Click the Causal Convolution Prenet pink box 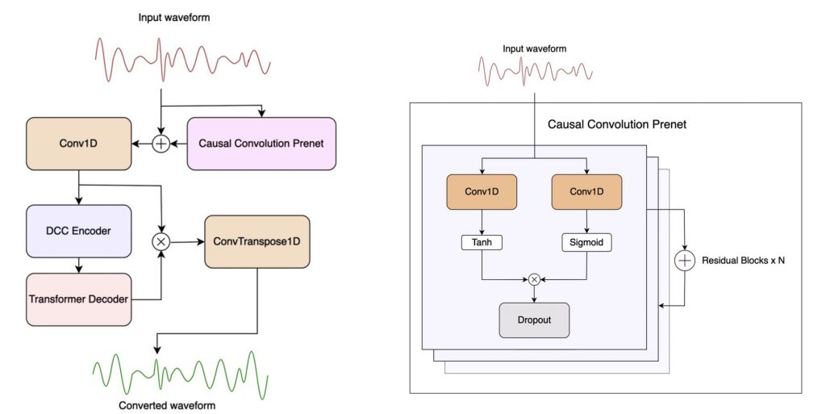pyautogui.click(x=261, y=144)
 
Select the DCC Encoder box pyautogui.click(x=78, y=232)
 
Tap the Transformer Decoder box pyautogui.click(x=78, y=299)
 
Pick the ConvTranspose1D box pyautogui.click(x=257, y=241)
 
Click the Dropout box pyautogui.click(x=534, y=320)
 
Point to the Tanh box pyautogui.click(x=482, y=241)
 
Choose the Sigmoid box pyautogui.click(x=586, y=241)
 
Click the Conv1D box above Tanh pyautogui.click(x=482, y=192)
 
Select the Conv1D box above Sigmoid pyautogui.click(x=586, y=192)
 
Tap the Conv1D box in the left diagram pyautogui.click(x=78, y=144)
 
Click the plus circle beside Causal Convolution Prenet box pyautogui.click(x=161, y=144)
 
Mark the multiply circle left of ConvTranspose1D pyautogui.click(x=161, y=241)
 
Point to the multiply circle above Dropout pyautogui.click(x=534, y=279)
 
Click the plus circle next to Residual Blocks pyautogui.click(x=685, y=261)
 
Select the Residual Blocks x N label pyautogui.click(x=744, y=261)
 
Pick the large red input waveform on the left pyautogui.click(x=181, y=60)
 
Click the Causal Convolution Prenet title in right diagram pyautogui.click(x=616, y=125)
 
